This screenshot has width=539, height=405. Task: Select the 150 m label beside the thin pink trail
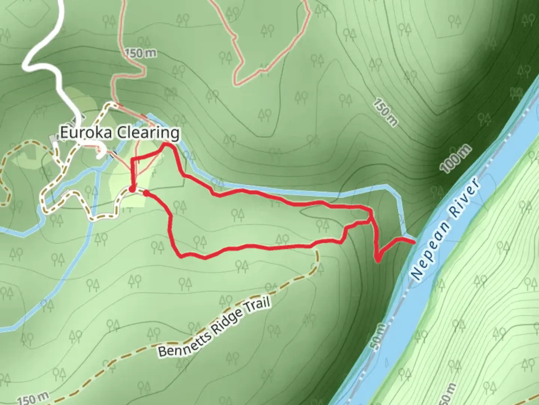(140, 53)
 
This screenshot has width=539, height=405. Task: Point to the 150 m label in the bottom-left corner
(33, 398)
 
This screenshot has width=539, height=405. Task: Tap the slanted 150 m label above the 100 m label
(386, 113)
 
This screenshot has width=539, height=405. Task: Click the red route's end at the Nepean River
(414, 243)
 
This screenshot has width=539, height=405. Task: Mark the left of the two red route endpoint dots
(132, 189)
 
